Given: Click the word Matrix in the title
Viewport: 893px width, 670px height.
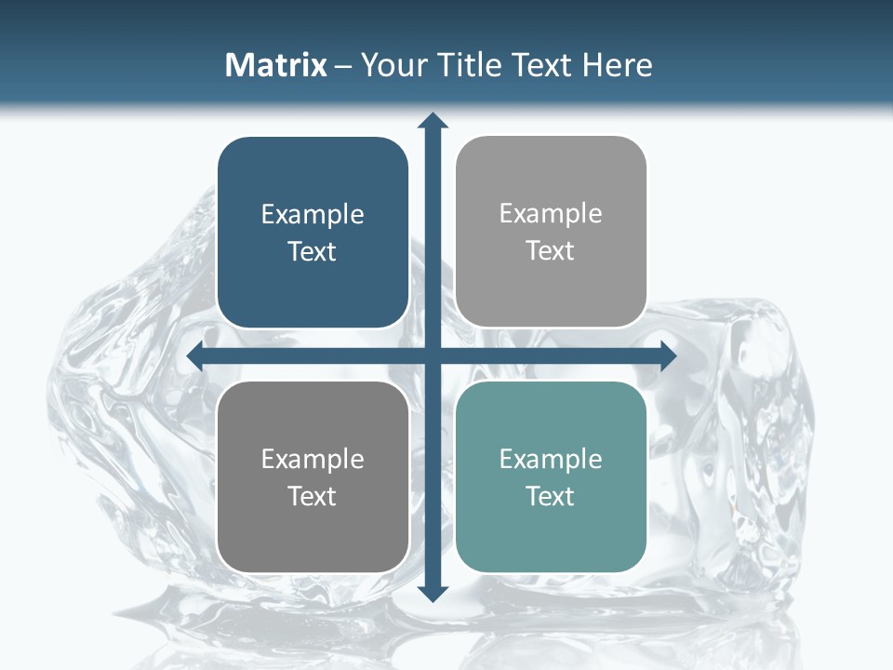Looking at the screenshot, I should click(x=275, y=65).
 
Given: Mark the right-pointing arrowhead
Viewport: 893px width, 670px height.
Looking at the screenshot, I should click(x=668, y=356).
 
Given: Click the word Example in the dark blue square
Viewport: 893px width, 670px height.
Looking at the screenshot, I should click(x=313, y=215).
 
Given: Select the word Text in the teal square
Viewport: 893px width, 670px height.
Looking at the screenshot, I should click(x=551, y=497).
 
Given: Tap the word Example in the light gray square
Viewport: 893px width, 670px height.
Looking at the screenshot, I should click(x=551, y=214).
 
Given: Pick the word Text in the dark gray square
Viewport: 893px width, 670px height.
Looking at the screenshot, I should click(x=313, y=497).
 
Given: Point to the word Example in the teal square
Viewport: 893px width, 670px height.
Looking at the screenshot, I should click(x=551, y=459).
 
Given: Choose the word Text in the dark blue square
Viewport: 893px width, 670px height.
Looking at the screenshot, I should click(x=313, y=252).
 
